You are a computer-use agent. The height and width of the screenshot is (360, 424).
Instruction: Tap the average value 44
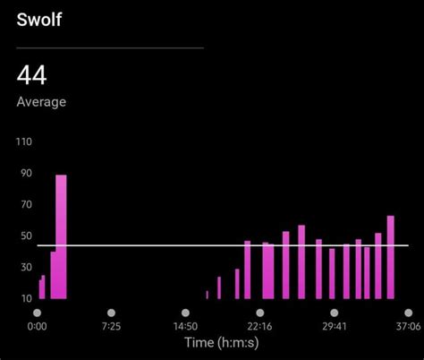click(x=33, y=76)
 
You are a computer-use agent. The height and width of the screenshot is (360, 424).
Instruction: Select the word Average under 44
click(x=41, y=102)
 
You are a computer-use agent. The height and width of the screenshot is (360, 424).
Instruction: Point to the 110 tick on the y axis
click(x=24, y=141)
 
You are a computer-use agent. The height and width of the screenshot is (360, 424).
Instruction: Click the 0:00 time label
click(x=38, y=327)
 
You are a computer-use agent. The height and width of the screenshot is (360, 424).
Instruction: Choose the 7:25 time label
click(x=111, y=327)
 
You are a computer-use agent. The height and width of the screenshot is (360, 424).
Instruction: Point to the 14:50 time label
click(x=185, y=327)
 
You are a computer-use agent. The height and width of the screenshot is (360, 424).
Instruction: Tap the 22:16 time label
click(x=259, y=327)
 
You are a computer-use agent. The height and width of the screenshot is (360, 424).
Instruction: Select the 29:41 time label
click(x=334, y=327)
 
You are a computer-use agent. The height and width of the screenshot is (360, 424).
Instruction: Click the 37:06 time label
click(x=408, y=327)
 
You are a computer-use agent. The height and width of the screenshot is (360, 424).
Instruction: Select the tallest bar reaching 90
click(x=61, y=236)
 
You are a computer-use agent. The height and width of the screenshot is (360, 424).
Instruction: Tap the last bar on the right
click(x=391, y=257)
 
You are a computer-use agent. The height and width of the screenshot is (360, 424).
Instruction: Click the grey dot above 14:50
click(x=185, y=313)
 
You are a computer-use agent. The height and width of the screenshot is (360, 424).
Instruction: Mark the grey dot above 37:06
click(x=408, y=313)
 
